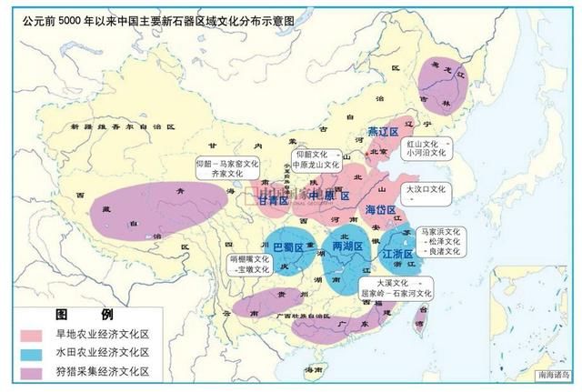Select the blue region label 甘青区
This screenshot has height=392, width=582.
pos(274,201)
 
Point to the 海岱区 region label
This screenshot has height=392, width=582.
pos(381,210)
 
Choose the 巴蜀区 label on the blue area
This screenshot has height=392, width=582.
pos(287,246)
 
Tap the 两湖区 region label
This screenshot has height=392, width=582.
pos(347,246)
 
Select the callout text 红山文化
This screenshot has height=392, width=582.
pos(421,144)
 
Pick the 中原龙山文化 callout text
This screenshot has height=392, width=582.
pos(315,166)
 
